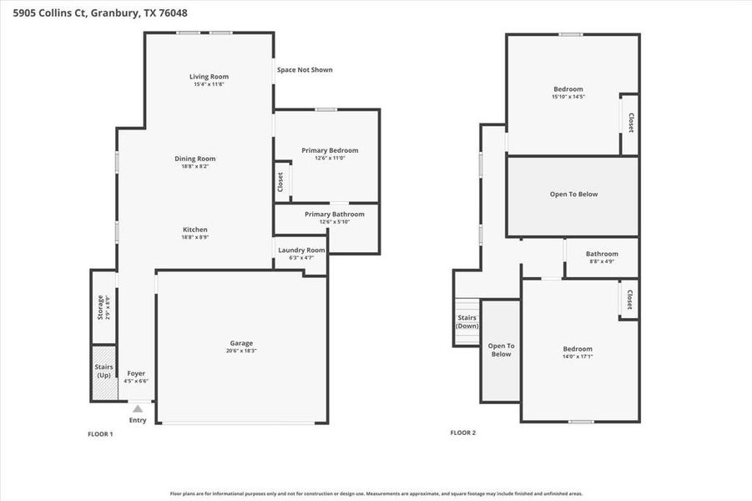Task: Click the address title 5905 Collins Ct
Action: [x=93, y=13]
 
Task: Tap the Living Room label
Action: [x=209, y=77]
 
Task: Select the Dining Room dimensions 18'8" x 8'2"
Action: [x=195, y=166]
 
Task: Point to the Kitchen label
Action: [x=195, y=230]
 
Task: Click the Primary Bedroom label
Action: [x=330, y=150]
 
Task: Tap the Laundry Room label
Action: [x=301, y=250]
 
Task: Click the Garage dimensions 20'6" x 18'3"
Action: [x=241, y=351]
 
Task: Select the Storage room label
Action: [x=101, y=307]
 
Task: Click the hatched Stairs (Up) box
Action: [x=103, y=371]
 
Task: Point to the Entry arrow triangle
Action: [x=138, y=408]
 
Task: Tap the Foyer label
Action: [x=136, y=373]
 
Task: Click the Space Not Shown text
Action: [x=305, y=69]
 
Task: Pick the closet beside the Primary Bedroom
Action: [x=281, y=181]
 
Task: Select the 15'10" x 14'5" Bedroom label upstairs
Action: [x=568, y=89]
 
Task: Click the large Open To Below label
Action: [x=573, y=195]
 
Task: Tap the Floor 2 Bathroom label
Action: [x=602, y=254]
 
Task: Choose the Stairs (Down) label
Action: [x=467, y=321]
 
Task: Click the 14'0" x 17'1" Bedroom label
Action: [x=577, y=349]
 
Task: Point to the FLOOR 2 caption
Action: [x=462, y=433]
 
